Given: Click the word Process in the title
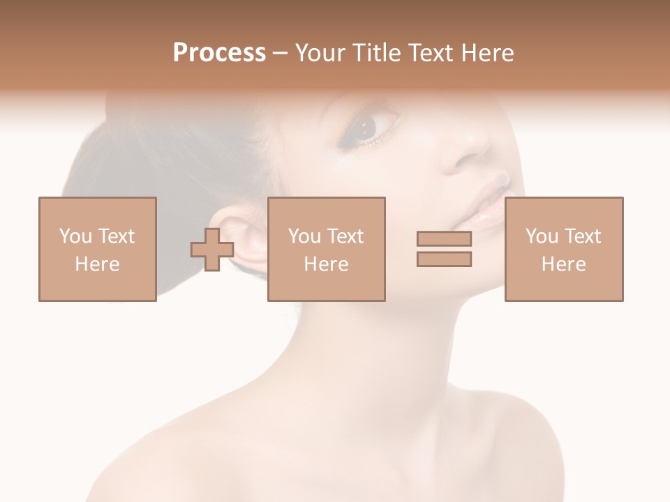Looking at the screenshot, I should click(219, 53).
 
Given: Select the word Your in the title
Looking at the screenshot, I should click(320, 53).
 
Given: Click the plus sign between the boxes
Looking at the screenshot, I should click(212, 250).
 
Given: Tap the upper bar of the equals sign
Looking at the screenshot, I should click(444, 239).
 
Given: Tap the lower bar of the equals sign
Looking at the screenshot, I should click(444, 259).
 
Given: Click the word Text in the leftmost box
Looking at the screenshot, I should click(117, 236).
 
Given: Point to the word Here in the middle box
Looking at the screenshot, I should click(326, 264).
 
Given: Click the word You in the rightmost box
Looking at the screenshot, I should click(542, 236).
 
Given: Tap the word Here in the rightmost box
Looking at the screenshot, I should click(564, 264).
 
